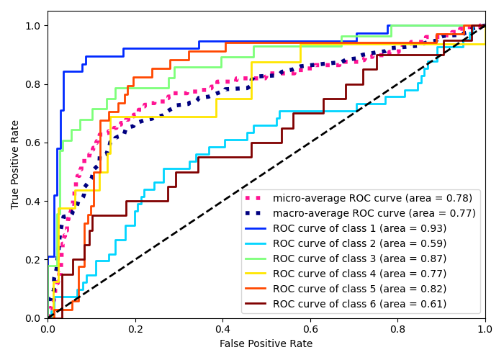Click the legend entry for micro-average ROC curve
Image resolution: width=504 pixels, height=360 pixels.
coord(374,198)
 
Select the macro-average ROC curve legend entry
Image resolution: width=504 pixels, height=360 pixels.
coord(374,213)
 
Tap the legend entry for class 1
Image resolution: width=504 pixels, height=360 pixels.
coord(359,228)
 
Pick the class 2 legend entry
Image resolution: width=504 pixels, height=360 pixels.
coord(359,243)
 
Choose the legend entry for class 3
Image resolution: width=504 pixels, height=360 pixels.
coord(359,258)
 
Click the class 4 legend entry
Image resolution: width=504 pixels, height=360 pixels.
coord(359,274)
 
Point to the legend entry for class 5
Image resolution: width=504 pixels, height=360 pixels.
coord(359,289)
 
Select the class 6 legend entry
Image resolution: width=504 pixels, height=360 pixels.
coord(359,304)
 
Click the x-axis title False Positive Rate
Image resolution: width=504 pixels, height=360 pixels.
coord(266,344)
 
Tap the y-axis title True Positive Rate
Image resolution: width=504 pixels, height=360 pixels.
coord(16,164)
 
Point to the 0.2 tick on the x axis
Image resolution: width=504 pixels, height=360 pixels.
coord(135,328)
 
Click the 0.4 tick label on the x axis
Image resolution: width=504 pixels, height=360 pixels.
coord(222,328)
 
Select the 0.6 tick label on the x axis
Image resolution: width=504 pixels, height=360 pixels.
coord(310,328)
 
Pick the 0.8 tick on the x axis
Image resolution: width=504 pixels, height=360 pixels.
coord(397,328)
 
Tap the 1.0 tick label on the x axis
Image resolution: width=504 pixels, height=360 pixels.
coord(485,328)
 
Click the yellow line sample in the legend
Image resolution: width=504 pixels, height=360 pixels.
coord(257,274)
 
